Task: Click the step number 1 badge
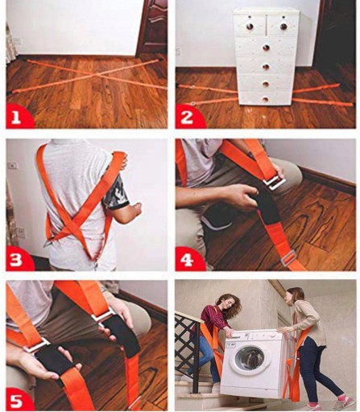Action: (18, 117)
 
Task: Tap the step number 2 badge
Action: (188, 117)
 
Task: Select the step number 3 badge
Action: (18, 259)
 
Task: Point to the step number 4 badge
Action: (188, 259)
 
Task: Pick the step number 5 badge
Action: (18, 400)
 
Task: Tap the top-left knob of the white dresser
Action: (250, 26)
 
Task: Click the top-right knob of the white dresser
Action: (284, 26)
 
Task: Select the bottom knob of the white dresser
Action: (265, 100)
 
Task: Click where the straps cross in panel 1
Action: (92, 75)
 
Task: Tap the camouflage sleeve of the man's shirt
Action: (115, 191)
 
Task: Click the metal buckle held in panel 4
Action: (275, 183)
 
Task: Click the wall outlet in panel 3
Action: (12, 166)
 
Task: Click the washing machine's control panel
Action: (255, 336)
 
